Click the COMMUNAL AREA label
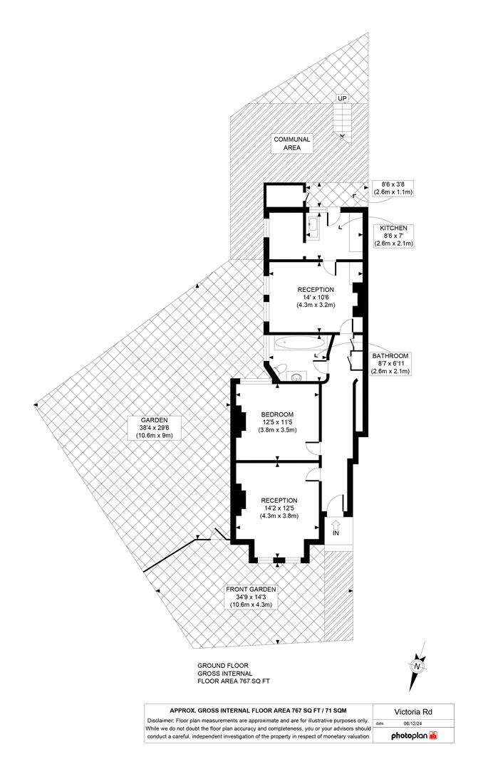(x=292, y=144)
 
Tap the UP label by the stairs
(x=342, y=98)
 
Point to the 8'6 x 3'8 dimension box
(x=393, y=188)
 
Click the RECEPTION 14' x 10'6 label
(x=316, y=295)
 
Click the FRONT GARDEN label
(x=250, y=597)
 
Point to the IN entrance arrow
(x=336, y=528)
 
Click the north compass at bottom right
(x=417, y=665)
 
